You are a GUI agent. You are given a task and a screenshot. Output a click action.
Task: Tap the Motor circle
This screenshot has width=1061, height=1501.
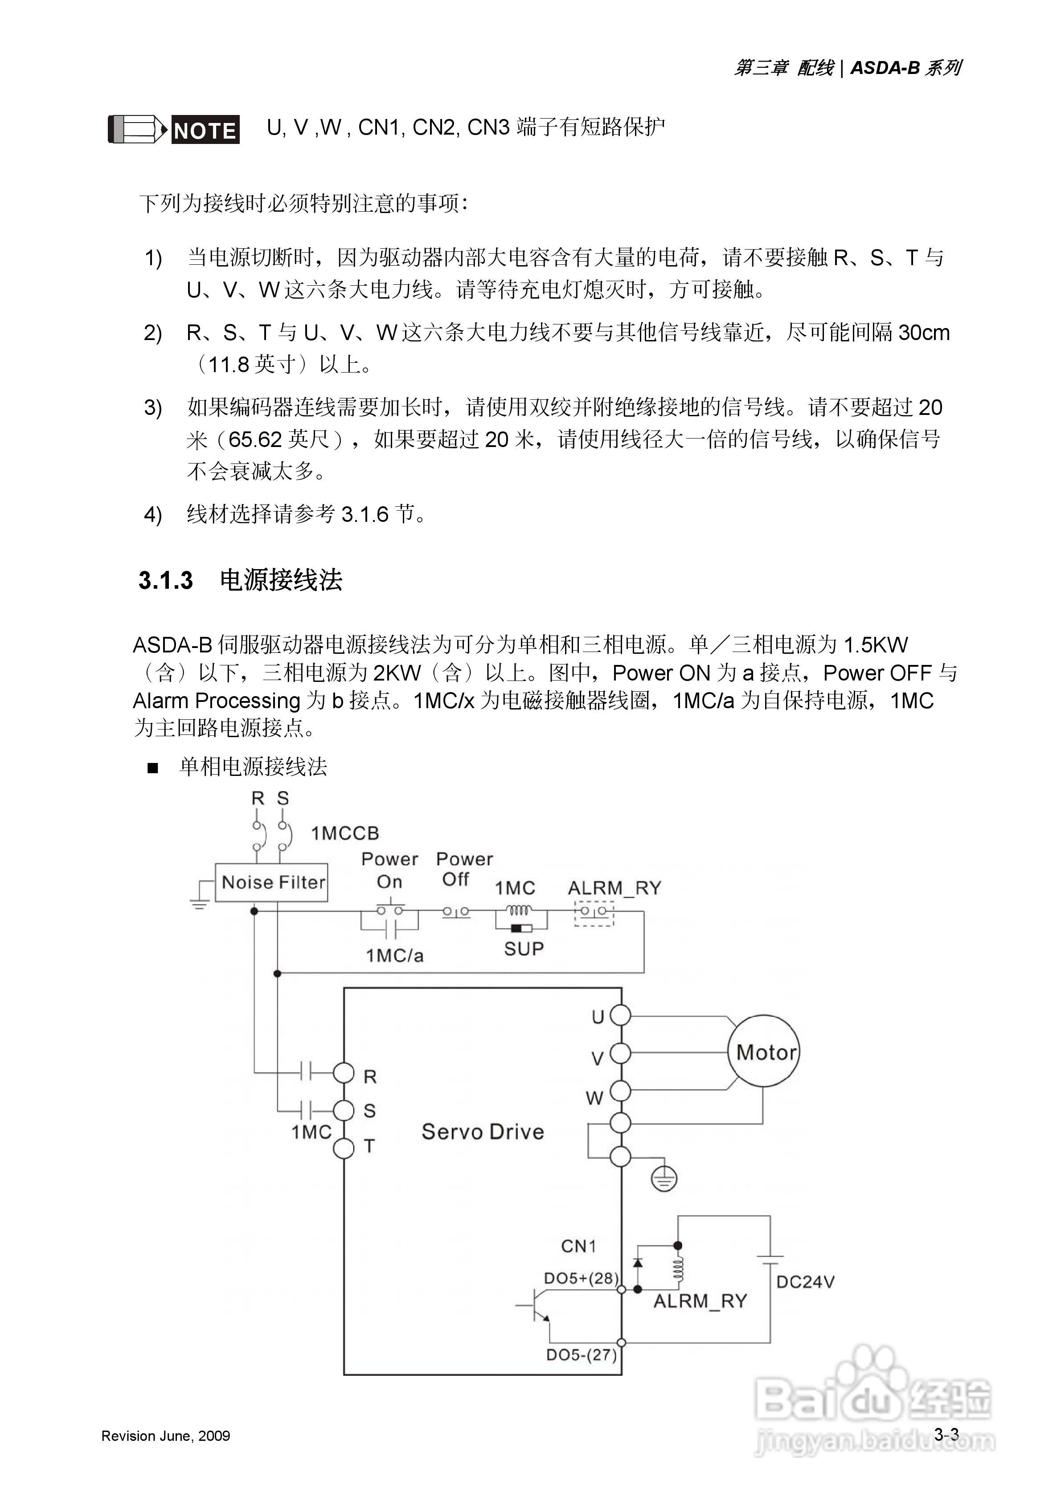tap(763, 1052)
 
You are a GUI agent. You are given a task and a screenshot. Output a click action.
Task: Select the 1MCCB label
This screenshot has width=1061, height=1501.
tap(344, 833)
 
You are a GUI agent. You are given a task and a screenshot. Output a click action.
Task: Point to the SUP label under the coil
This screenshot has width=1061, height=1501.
tap(524, 948)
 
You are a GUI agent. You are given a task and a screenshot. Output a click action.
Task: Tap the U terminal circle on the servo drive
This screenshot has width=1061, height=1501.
tap(620, 1015)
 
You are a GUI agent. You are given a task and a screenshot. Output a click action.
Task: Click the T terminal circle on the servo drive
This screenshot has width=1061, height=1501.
tap(344, 1148)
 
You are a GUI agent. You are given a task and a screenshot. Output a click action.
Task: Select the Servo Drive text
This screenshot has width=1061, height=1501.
tap(483, 1132)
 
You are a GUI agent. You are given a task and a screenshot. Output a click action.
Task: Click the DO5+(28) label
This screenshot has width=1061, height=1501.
tap(581, 1278)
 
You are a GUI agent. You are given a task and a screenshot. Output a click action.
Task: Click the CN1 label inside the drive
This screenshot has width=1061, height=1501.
tap(578, 1246)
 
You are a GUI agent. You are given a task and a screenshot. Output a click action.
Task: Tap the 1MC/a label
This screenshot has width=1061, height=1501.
tap(394, 956)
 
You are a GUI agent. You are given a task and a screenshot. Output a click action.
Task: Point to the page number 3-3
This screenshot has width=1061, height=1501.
tap(946, 1434)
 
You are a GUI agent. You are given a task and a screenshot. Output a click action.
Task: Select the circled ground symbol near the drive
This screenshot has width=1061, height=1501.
tap(664, 1179)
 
